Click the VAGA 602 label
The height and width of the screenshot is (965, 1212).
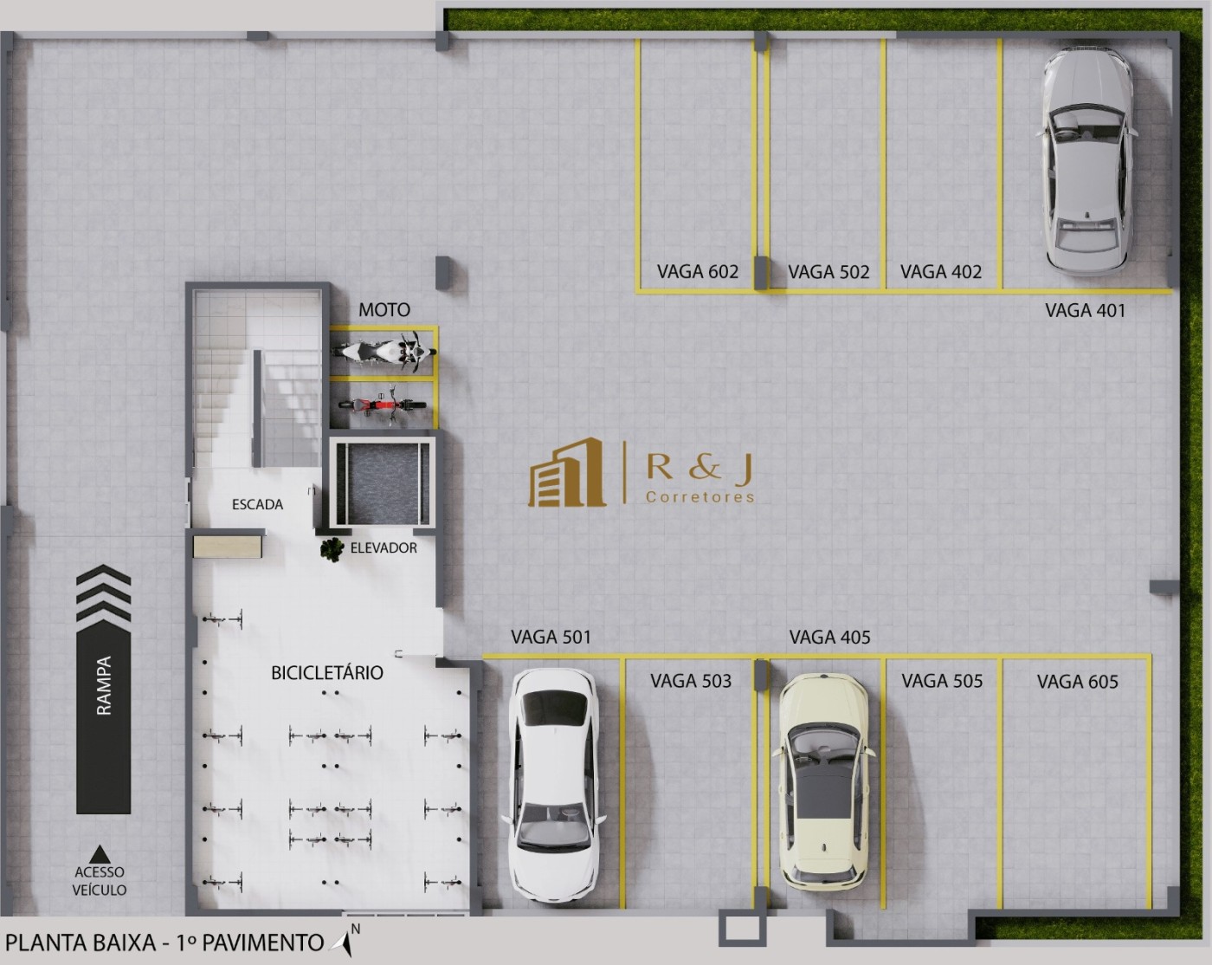tap(697, 272)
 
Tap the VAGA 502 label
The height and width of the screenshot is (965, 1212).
tap(828, 272)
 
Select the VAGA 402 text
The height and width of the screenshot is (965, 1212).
tap(941, 272)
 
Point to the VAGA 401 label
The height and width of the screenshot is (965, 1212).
tap(1085, 310)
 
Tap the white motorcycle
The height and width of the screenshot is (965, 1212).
tap(384, 352)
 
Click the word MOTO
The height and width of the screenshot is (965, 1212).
tap(384, 310)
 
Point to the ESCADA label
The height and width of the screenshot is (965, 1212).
tap(257, 504)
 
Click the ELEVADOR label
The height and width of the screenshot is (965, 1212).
tap(384, 547)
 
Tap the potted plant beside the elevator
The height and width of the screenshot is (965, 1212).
tap(332, 549)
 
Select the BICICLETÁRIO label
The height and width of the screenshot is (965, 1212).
tap(326, 673)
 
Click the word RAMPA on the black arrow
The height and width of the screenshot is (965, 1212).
tap(104, 685)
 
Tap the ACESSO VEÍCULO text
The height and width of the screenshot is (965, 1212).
tap(100, 881)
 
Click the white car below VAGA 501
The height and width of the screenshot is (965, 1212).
tap(551, 787)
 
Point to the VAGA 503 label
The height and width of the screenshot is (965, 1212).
tap(690, 682)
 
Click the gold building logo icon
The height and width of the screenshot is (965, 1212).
tap(567, 473)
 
